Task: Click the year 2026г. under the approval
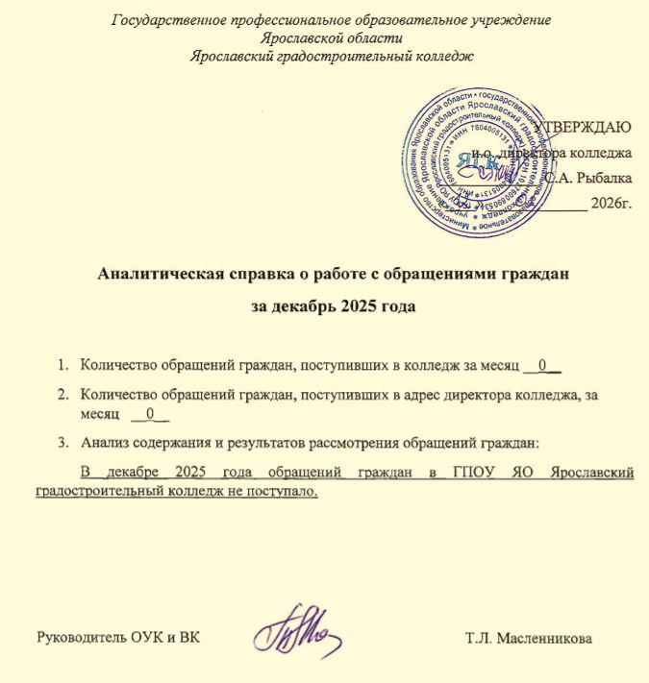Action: [x=612, y=203]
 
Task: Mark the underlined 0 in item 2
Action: [x=150, y=415]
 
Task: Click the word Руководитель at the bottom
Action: [x=82, y=639]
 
